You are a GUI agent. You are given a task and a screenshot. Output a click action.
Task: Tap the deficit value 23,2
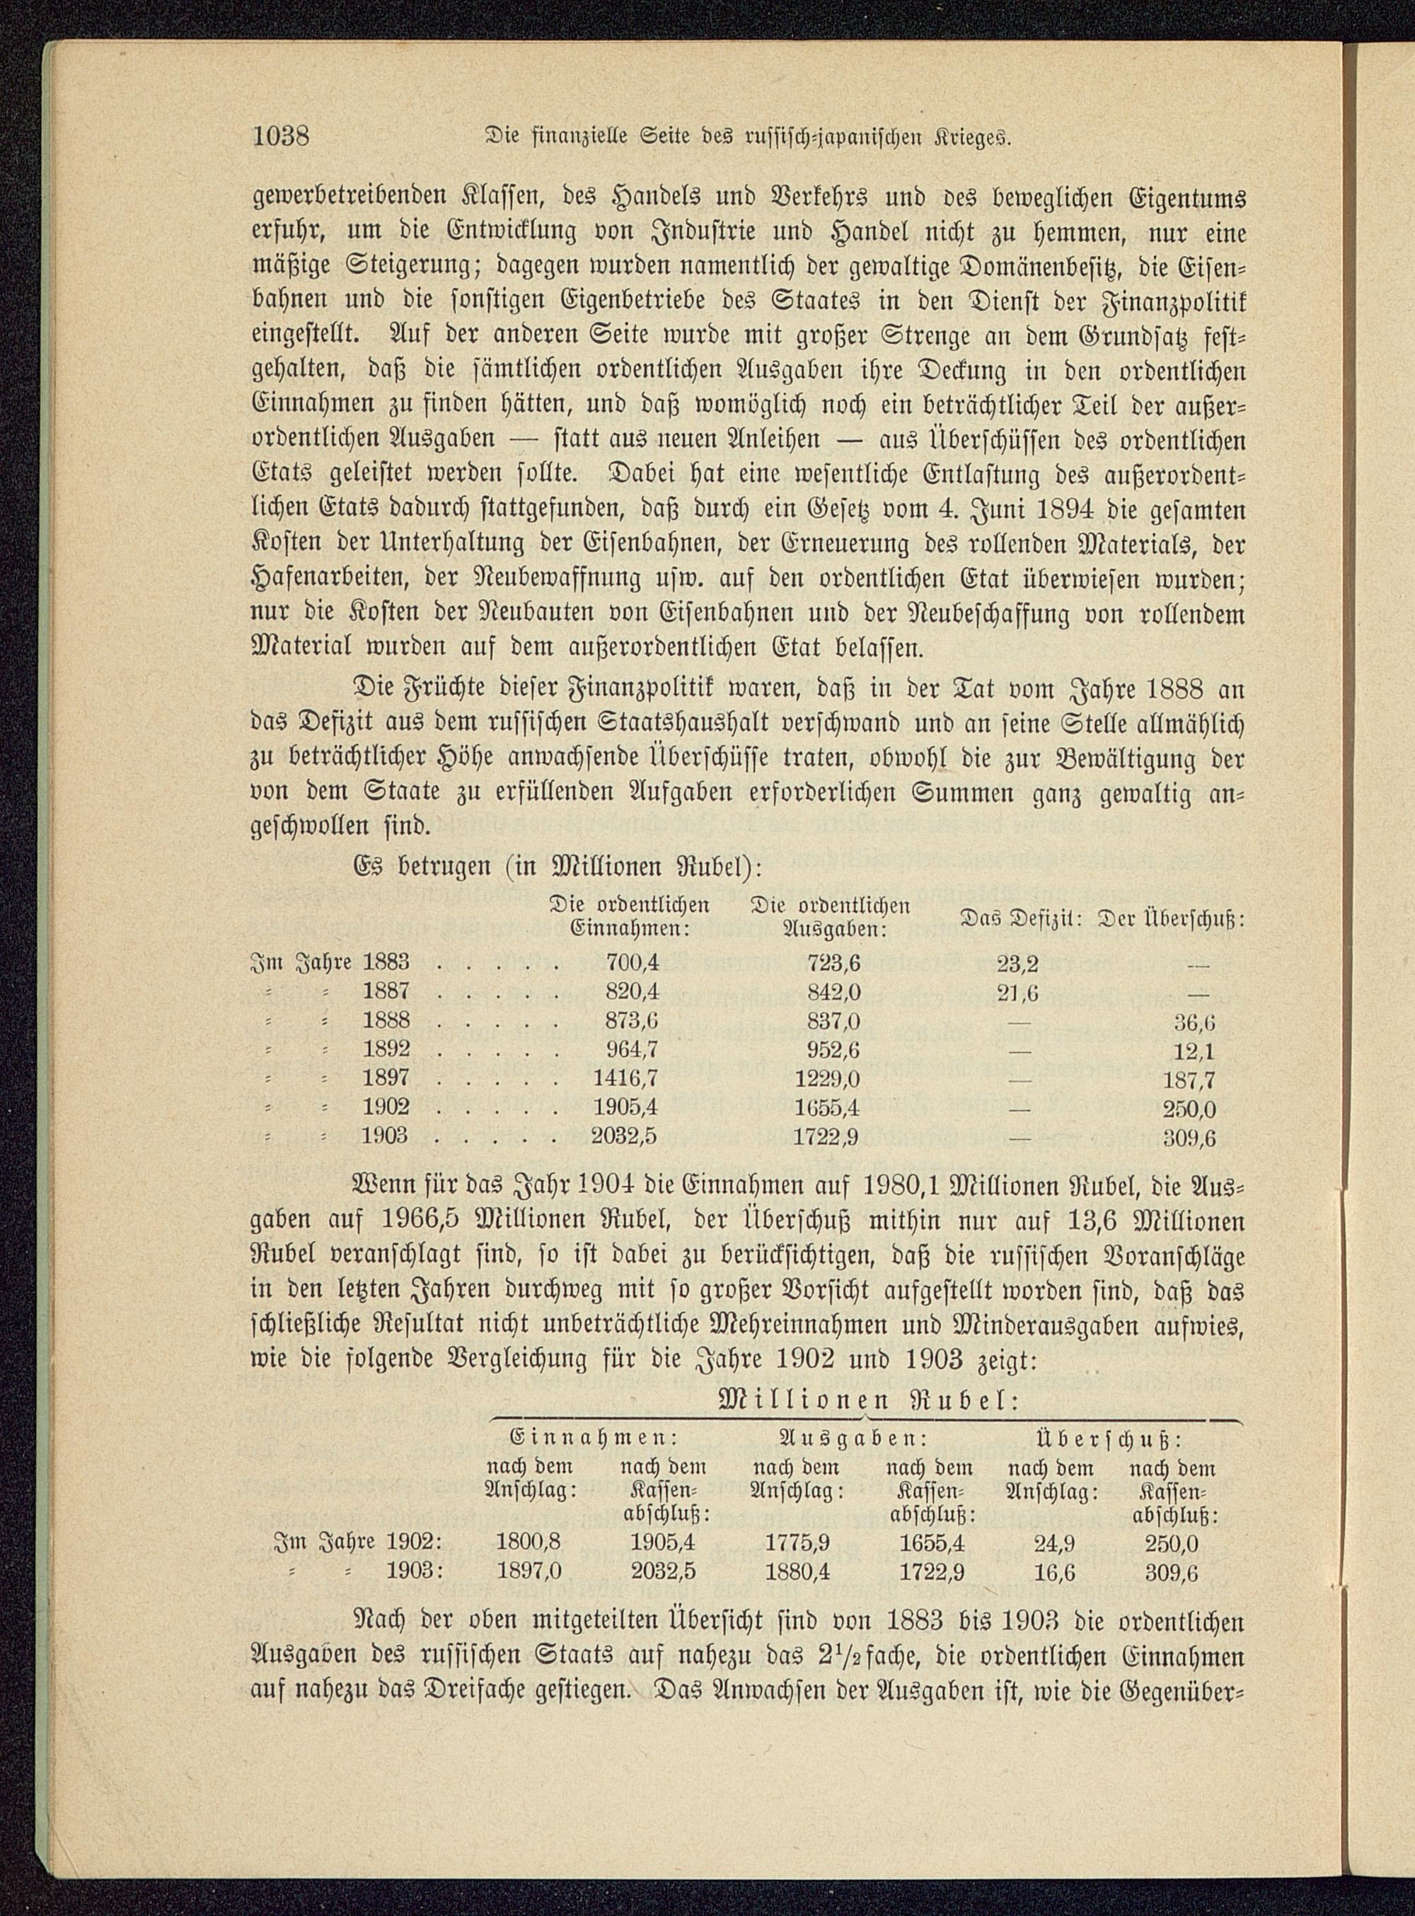coord(1017,964)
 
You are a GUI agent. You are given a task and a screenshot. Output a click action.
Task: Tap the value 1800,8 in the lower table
coord(529,1566)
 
